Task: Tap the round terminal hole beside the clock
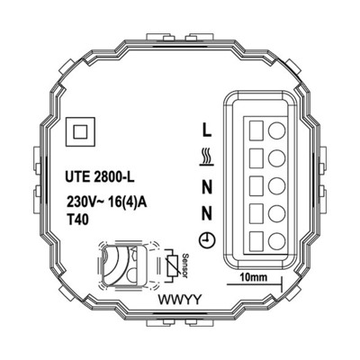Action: coord(278,239)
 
